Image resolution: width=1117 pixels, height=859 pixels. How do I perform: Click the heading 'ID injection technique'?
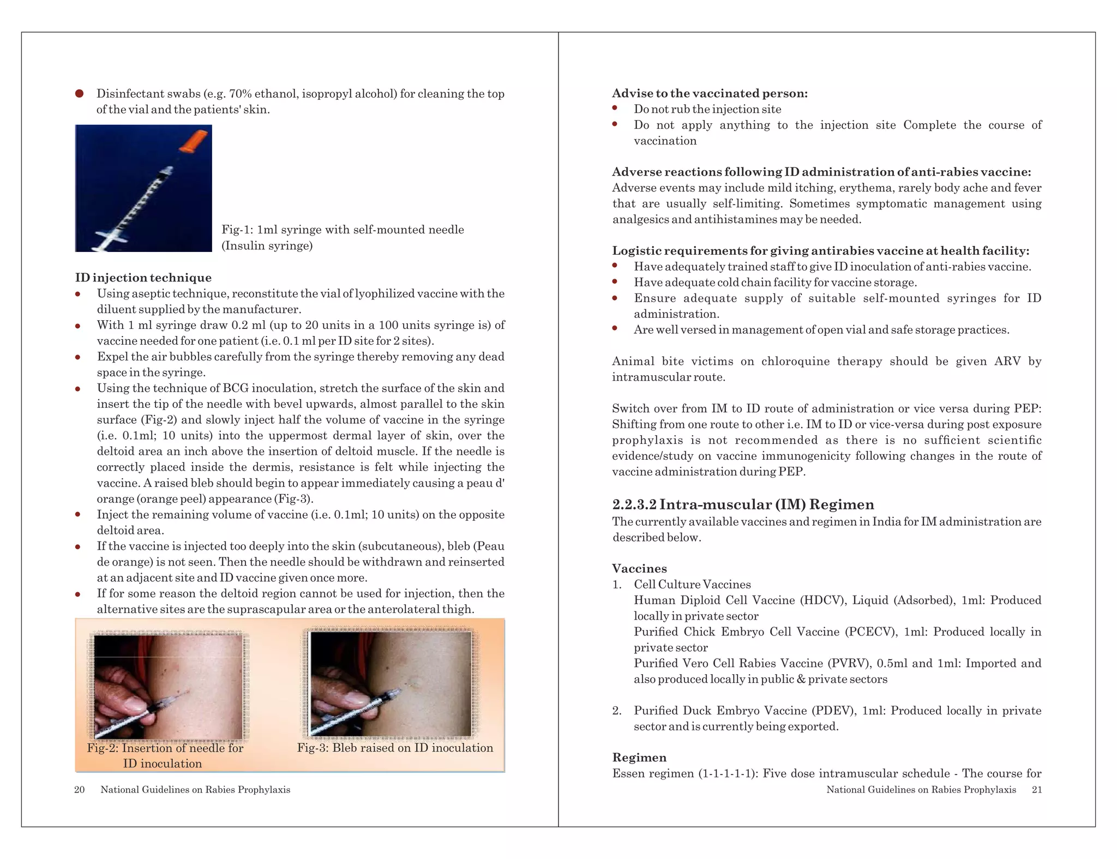tap(143, 278)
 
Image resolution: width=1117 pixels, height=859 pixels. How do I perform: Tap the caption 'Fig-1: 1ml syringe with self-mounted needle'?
tap(343, 230)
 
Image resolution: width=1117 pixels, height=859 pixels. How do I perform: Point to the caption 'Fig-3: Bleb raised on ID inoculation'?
tap(395, 748)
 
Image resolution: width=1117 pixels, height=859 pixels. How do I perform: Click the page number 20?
tap(79, 790)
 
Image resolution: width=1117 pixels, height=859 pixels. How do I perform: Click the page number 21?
tap(1037, 790)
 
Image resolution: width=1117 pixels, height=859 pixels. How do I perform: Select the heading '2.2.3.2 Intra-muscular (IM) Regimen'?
tap(743, 504)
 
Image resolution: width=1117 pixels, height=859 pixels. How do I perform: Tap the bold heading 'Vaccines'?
tap(639, 569)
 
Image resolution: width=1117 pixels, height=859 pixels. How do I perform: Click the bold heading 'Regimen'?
tap(639, 758)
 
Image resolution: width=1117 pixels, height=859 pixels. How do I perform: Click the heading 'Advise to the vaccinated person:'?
tap(710, 93)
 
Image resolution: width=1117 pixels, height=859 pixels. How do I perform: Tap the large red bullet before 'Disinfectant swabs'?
tap(79, 94)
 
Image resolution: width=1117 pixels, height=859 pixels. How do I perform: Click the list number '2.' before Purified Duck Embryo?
tap(617, 711)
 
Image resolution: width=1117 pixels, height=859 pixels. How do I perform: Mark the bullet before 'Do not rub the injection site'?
tap(615, 109)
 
